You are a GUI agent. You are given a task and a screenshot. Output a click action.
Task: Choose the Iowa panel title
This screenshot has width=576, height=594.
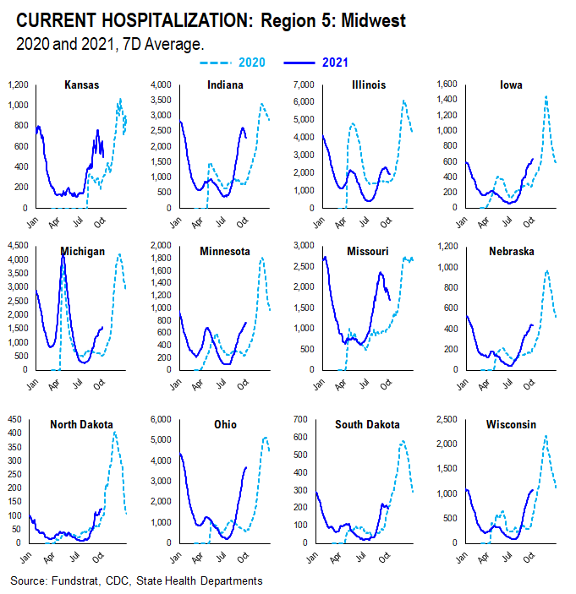pos(510,84)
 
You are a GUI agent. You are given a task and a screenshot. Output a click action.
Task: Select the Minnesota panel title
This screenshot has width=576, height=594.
pos(224,251)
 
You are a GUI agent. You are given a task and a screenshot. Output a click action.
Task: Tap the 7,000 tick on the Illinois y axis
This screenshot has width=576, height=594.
pos(304,85)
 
